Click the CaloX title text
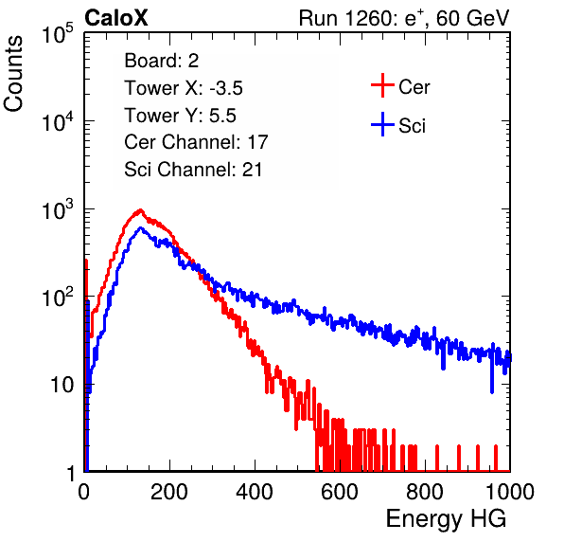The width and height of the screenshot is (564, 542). [x=116, y=18]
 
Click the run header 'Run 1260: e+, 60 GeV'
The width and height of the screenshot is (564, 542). [x=404, y=18]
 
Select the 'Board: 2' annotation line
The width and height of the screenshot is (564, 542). [x=162, y=61]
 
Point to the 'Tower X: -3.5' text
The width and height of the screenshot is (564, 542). [x=184, y=88]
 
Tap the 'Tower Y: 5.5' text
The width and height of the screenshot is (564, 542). [x=180, y=116]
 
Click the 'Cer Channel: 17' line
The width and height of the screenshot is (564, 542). [x=196, y=142]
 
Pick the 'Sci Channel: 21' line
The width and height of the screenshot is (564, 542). [x=193, y=170]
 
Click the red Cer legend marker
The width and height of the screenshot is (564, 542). [x=382, y=85]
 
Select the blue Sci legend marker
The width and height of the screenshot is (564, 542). [x=382, y=125]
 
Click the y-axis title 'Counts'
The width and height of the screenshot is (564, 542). [x=13, y=74]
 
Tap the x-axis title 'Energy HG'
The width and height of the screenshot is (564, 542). [x=446, y=519]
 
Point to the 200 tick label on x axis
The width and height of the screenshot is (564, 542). [x=169, y=492]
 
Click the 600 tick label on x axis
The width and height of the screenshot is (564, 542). [x=340, y=492]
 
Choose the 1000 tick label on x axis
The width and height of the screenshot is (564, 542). [x=510, y=492]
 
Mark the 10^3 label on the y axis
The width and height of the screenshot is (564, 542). [x=58, y=209]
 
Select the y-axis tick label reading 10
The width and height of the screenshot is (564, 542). [x=62, y=385]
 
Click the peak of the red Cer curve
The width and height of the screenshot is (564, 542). [x=140, y=210]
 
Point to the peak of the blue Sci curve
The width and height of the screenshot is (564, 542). [x=140, y=228]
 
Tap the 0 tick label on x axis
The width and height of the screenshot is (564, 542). [x=84, y=492]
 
